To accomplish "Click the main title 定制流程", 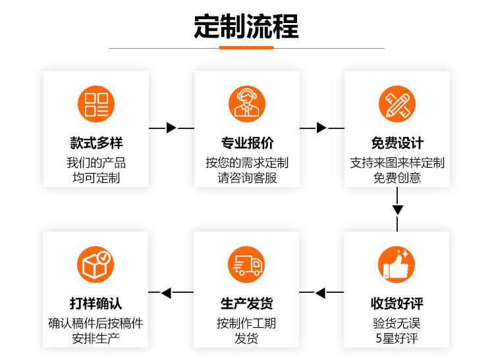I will pos(246,26).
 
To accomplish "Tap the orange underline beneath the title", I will pos(246,47).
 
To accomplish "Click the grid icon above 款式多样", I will pos(96,104).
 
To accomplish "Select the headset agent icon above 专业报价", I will pos(246,104).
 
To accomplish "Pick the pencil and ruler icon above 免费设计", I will pos(397,104).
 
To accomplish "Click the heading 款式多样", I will pos(96,143).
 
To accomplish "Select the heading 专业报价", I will pos(246,143).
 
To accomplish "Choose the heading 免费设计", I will pos(397,143).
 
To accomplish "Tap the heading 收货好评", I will pos(397,303).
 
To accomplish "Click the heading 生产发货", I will pos(246,303).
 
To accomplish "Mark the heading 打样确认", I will pos(96,303).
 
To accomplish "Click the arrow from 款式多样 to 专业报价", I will pos(171,128).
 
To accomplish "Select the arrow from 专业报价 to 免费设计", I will pos(321,128).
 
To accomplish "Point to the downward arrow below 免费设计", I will pos(397,211).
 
